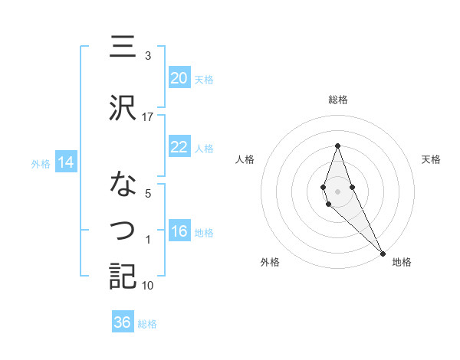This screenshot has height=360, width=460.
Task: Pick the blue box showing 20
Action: (179, 77)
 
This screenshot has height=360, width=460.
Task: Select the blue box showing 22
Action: (179, 147)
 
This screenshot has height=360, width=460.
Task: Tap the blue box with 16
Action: (179, 231)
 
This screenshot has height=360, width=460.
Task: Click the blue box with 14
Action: (65, 162)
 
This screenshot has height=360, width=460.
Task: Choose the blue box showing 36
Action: (123, 322)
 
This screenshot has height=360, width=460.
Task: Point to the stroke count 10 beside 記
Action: (148, 286)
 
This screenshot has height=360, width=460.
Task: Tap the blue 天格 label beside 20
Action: (204, 79)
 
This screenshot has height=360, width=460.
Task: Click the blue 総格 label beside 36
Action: (147, 324)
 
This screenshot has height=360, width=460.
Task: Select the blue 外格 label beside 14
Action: (41, 163)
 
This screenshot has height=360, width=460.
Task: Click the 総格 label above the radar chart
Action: (338, 100)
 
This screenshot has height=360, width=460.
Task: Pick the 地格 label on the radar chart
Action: (402, 262)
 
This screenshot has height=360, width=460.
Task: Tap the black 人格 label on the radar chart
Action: (245, 159)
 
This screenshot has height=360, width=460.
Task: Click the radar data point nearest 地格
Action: (383, 252)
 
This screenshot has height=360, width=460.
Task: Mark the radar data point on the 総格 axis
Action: (337, 145)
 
